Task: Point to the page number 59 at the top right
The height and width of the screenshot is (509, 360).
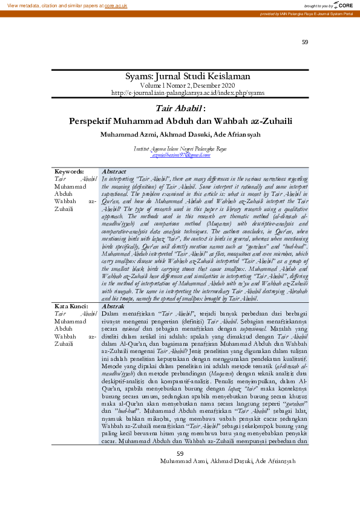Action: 304,42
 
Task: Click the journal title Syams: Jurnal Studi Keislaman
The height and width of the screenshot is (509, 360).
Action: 180,77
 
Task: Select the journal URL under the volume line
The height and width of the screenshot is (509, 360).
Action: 180,92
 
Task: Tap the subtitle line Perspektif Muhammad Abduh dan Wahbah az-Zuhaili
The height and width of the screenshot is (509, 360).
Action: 180,120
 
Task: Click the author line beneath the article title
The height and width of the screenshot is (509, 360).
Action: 180,134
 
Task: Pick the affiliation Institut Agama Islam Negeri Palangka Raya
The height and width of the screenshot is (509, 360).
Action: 180,149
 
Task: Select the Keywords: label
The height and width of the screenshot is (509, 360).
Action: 69,171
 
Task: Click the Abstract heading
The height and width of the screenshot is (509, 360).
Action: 114,171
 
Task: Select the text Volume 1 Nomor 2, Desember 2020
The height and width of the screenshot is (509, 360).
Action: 180,85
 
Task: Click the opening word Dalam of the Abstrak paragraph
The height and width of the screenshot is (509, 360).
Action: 110,297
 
